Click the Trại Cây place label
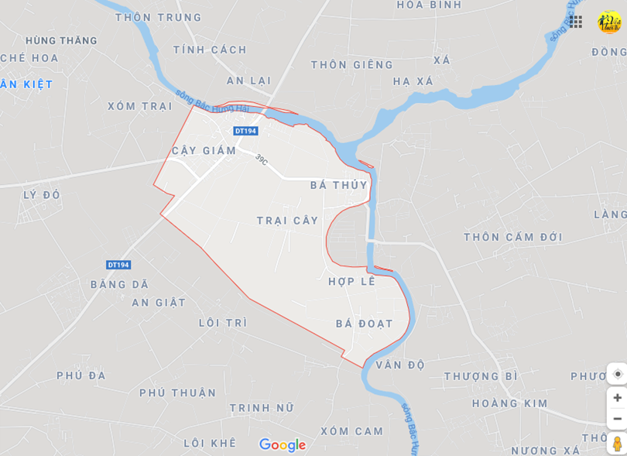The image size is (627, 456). point(287,221)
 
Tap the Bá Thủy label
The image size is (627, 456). point(338,185)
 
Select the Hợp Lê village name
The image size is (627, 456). point(351,281)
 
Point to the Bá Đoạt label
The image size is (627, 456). point(364,324)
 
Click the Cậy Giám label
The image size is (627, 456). point(204,150)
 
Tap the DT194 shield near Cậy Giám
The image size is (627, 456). point(245,131)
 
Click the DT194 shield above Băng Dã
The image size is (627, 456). point(118,265)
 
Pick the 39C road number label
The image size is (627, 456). point(262,160)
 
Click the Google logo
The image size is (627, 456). point(283,445)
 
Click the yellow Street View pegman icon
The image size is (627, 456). point(617,444)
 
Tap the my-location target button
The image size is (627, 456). point(617,374)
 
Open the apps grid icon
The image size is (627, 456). point(575,22)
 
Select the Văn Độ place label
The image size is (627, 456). point(400,365)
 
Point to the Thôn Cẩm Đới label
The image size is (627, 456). point(513,237)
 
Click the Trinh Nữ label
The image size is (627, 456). point(262,407)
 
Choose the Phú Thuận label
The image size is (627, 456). point(178,393)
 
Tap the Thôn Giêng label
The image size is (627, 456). point(352,65)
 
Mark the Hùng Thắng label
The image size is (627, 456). point(61,40)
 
